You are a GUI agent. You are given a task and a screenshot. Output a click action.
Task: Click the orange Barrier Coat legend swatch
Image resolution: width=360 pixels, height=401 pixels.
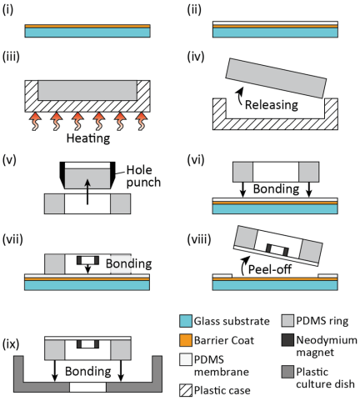[x=186, y=340]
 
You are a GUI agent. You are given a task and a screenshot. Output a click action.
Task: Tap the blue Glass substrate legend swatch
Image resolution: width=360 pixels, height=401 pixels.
[x=186, y=321]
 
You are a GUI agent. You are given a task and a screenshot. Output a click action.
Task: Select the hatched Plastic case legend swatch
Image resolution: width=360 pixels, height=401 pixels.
[x=186, y=390]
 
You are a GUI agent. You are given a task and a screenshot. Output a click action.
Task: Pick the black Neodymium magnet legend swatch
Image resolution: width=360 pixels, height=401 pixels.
[x=287, y=340]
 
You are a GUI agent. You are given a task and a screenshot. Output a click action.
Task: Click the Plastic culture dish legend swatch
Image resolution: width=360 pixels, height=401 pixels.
[x=287, y=372]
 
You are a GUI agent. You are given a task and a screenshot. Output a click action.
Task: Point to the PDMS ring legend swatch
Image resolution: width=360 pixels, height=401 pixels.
[x=287, y=321]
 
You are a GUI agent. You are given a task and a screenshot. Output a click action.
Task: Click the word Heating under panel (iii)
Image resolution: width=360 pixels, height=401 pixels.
[x=88, y=138]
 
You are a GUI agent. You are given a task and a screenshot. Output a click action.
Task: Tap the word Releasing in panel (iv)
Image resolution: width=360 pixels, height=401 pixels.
[x=272, y=105]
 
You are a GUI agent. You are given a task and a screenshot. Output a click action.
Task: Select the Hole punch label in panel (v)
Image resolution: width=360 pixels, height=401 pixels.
[x=143, y=176]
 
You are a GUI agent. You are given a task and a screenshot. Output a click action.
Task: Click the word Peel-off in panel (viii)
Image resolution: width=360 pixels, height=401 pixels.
[x=270, y=269]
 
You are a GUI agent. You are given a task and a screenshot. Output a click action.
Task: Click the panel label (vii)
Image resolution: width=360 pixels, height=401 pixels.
[x=12, y=239]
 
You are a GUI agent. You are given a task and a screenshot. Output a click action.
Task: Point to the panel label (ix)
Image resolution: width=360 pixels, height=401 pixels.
[x=11, y=344]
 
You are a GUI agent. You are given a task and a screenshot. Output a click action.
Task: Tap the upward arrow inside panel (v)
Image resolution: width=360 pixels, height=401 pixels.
[x=87, y=192]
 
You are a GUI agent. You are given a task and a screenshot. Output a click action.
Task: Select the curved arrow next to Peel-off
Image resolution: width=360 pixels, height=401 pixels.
[x=244, y=265]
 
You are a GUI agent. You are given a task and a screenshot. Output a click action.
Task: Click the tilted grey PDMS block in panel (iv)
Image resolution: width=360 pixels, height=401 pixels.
[x=276, y=78]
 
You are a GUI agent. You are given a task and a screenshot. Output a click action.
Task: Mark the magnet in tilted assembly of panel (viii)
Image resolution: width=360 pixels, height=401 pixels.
[x=277, y=249]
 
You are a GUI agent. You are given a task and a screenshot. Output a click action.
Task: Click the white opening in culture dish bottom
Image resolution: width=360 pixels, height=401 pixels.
[x=87, y=387]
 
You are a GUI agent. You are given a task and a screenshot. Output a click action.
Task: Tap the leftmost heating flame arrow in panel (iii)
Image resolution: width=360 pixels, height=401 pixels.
[x=35, y=121]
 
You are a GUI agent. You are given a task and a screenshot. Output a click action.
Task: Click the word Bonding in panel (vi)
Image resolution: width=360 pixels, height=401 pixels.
[x=276, y=189]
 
